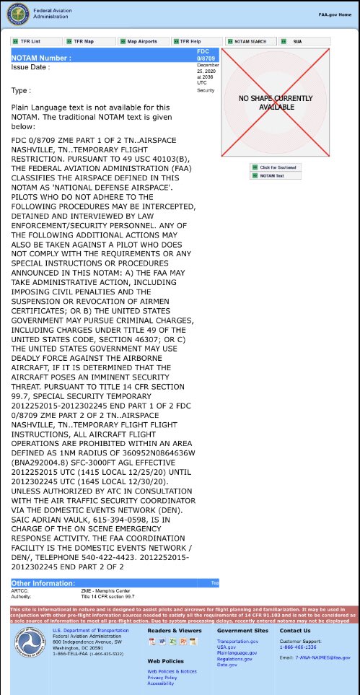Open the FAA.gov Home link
click(x=335, y=14)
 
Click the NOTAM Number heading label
click(x=41, y=57)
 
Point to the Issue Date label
click(x=31, y=66)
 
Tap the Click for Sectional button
click(x=277, y=167)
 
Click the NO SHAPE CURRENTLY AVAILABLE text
click(x=267, y=102)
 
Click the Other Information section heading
click(x=41, y=582)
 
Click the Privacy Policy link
click(x=162, y=678)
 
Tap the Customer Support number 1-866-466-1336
click(x=297, y=647)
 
